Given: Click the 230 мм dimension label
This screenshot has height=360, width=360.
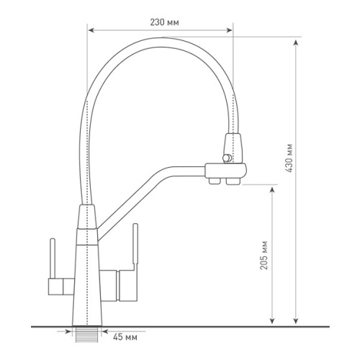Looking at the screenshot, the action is (164, 22).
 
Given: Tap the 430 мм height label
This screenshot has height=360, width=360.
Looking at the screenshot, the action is (289, 158).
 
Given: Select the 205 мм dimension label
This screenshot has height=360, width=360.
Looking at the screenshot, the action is (264, 255).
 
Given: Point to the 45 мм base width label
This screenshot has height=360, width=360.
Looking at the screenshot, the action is (125, 337).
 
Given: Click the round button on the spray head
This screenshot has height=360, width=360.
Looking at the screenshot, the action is (227, 158).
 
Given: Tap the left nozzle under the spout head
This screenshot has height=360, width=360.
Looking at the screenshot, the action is (215, 181).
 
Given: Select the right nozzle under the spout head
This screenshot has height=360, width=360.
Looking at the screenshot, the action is (233, 181).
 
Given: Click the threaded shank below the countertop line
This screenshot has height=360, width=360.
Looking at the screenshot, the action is (87, 335).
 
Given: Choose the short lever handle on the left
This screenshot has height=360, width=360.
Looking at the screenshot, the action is (53, 258).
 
